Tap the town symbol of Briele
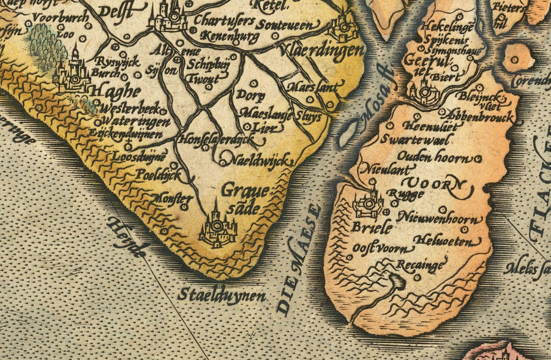click(x=369, y=204)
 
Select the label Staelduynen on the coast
click(x=222, y=296)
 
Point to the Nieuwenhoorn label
click(x=440, y=218)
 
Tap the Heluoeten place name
click(x=443, y=241)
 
